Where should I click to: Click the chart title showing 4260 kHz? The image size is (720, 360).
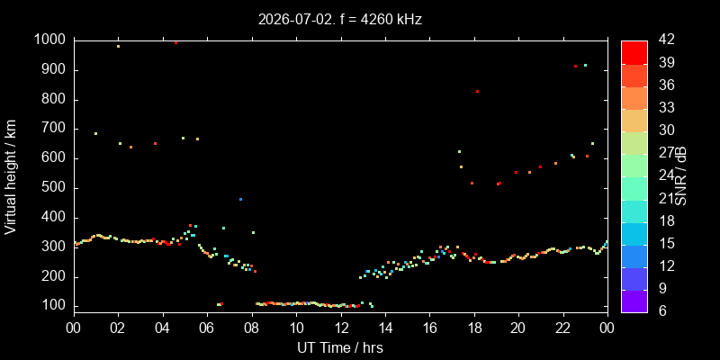(x=340, y=19)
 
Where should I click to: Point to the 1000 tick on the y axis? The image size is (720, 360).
(x=51, y=40)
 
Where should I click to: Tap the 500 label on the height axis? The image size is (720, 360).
(x=56, y=189)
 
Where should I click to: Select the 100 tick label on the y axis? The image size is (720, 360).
(x=56, y=306)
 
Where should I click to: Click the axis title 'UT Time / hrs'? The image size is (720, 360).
(x=340, y=347)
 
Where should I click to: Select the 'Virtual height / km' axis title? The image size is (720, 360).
(x=11, y=176)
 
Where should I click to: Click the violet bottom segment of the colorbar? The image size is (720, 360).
(x=634, y=301)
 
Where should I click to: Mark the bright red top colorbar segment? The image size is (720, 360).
(x=634, y=52)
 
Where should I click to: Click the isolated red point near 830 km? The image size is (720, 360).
(x=477, y=92)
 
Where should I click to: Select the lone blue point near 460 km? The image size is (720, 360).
(x=240, y=199)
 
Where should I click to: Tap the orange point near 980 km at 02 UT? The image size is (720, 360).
(x=118, y=47)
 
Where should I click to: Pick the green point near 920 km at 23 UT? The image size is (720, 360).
(x=585, y=65)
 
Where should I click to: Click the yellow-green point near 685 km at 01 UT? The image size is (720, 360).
(x=95, y=133)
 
